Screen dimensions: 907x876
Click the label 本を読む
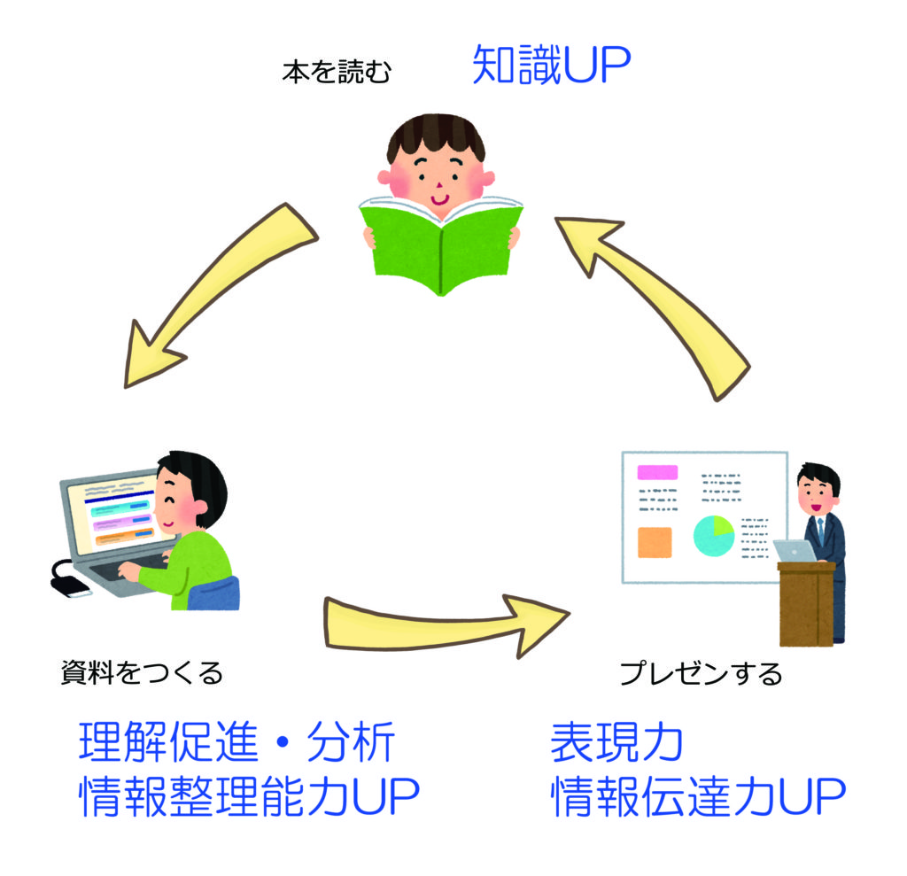pyautogui.click(x=337, y=73)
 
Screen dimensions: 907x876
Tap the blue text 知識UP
pyautogui.click(x=551, y=65)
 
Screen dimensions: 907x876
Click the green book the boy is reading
pyautogui.click(x=441, y=246)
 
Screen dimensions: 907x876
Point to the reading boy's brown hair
pyautogui.click(x=436, y=135)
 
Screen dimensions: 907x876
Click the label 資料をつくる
pyautogui.click(x=143, y=673)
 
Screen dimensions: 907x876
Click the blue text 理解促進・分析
pyautogui.click(x=236, y=741)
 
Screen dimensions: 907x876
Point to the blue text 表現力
pyautogui.click(x=617, y=741)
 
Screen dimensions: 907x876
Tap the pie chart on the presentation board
pyautogui.click(x=714, y=536)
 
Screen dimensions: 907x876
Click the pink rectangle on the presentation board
pyautogui.click(x=657, y=472)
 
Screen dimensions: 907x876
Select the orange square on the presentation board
pyautogui.click(x=655, y=542)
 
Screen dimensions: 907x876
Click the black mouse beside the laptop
pyautogui.click(x=69, y=585)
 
